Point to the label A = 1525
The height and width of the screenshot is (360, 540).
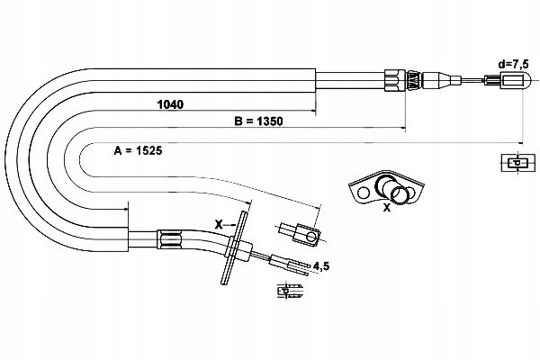click(138, 150)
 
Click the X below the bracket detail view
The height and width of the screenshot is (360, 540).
click(387, 208)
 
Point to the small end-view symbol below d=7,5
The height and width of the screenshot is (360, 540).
click(516, 163)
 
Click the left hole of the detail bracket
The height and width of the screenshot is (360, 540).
click(363, 192)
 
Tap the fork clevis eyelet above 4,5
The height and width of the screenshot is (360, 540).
click(302, 235)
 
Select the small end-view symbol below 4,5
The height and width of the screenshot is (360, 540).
click(287, 291)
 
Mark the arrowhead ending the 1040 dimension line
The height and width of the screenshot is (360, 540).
click(313, 112)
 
